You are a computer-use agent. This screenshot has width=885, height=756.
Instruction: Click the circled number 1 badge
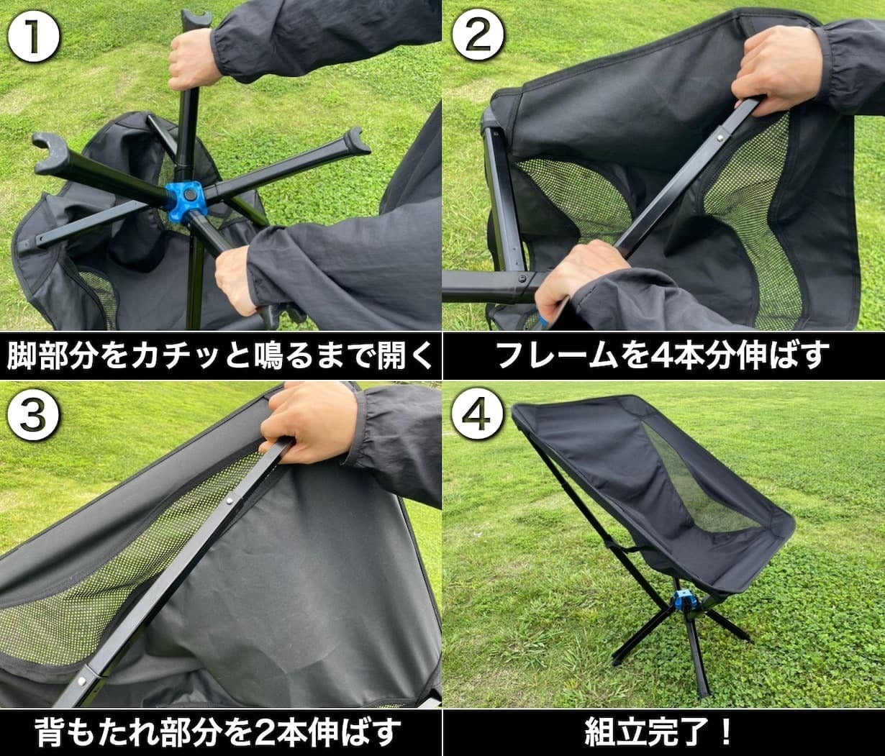(x=33, y=37)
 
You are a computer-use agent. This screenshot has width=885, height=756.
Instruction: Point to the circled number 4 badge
(x=477, y=416)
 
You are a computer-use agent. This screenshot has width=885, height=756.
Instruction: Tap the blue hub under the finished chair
(x=684, y=600)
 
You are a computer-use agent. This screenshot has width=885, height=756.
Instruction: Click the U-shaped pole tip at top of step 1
(x=196, y=19)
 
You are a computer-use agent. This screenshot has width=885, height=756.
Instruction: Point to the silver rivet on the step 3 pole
(x=231, y=500)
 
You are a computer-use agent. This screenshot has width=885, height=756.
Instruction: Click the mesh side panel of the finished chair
(x=693, y=488)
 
